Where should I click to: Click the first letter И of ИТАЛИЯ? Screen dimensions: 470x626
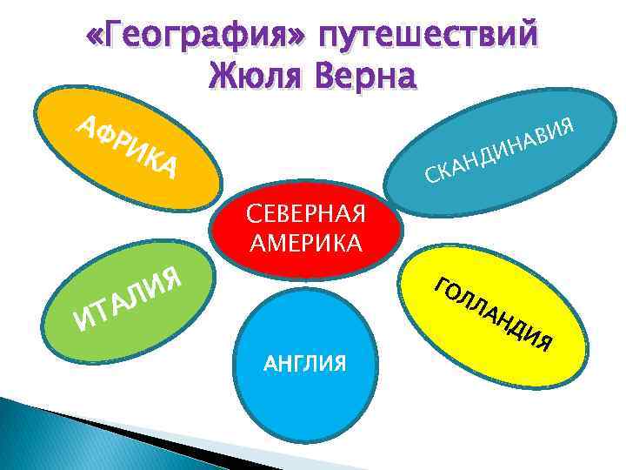point(83,324)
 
